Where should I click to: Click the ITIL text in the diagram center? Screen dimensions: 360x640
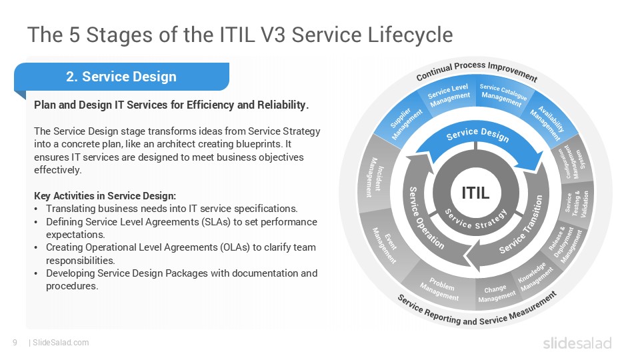click(475, 193)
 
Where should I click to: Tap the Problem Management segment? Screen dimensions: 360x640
click(440, 289)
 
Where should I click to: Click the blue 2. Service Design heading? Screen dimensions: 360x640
click(121, 77)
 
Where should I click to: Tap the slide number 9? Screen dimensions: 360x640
click(15, 343)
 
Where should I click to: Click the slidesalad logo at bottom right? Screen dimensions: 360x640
click(577, 343)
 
